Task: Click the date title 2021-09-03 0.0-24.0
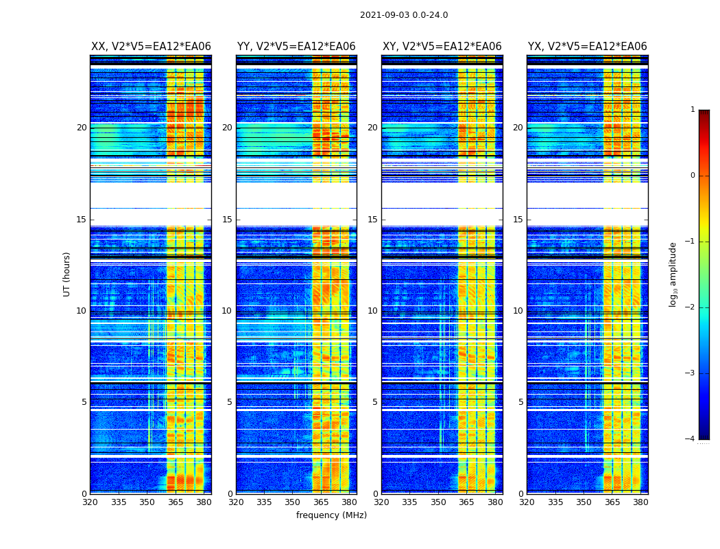[x=404, y=15]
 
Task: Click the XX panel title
[x=151, y=47]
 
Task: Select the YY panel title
[x=296, y=47]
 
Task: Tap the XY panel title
[x=442, y=47]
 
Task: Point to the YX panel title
[x=587, y=47]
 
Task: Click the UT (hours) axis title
[x=67, y=274]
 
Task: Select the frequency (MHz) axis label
[x=331, y=515]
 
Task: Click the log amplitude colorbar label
[x=673, y=274]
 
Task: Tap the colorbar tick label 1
[x=692, y=110]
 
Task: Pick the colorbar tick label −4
[x=691, y=439]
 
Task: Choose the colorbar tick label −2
[x=691, y=307]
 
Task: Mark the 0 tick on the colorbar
[x=692, y=176]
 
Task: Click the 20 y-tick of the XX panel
[x=82, y=128]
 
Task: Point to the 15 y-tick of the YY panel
[x=227, y=220]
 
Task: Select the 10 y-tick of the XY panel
[x=372, y=311]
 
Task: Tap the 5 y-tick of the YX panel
[x=520, y=402]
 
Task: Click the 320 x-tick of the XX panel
[x=90, y=502]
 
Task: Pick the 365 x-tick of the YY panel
[x=321, y=502]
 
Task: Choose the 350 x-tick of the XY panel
[x=438, y=502]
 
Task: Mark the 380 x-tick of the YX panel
[x=640, y=502]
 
